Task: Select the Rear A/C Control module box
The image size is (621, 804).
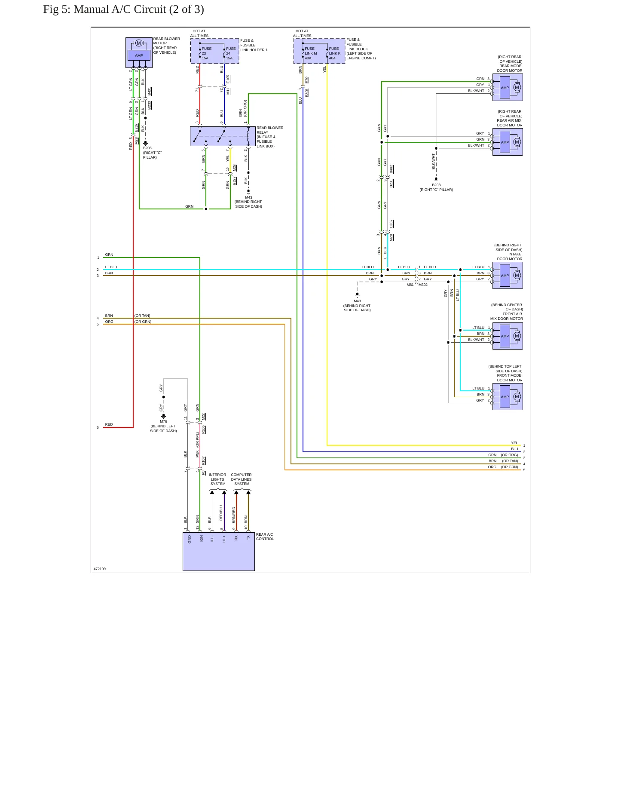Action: click(219, 552)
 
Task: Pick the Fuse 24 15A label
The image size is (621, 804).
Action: click(231, 53)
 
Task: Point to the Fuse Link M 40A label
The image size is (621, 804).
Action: click(311, 53)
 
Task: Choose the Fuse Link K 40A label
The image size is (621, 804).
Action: click(335, 53)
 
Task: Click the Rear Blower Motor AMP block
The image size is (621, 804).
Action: click(139, 55)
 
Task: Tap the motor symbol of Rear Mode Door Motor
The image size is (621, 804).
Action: click(517, 87)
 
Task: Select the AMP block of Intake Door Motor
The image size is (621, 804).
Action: click(505, 276)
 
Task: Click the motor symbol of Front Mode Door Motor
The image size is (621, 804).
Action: click(517, 397)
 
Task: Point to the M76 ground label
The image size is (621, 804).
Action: click(163, 421)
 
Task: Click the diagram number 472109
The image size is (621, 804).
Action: click(100, 569)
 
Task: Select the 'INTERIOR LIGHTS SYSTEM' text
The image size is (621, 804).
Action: click(217, 479)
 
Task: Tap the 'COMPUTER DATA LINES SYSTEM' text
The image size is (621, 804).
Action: click(241, 479)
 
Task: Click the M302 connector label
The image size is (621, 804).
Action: click(423, 285)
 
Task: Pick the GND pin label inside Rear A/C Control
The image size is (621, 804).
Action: click(190, 539)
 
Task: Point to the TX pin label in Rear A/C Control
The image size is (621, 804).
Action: click(248, 537)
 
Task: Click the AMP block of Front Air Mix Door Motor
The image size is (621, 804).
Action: click(505, 336)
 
